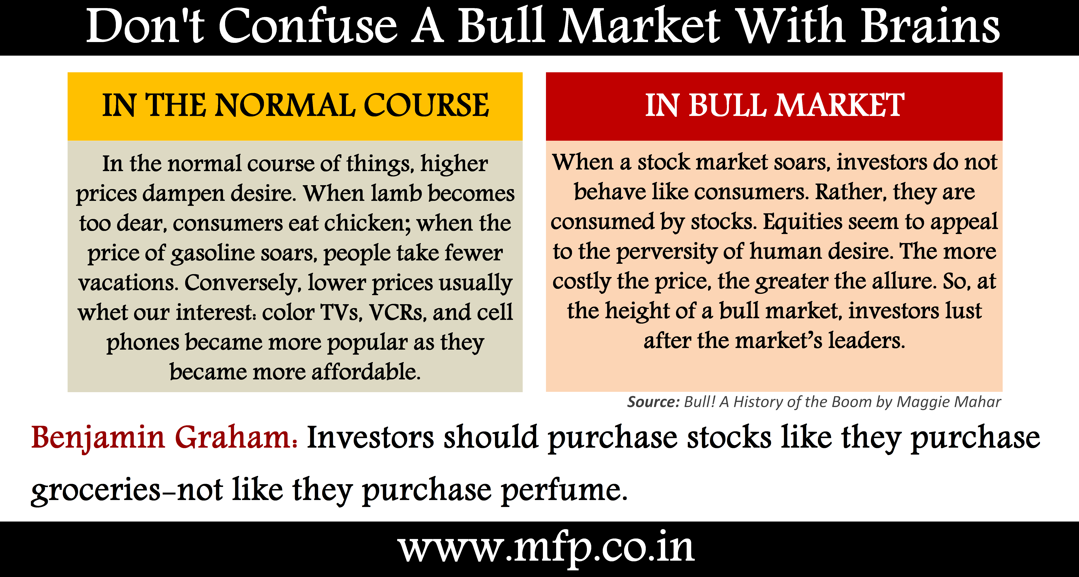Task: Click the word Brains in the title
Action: click(930, 26)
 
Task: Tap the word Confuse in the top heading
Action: click(308, 26)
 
